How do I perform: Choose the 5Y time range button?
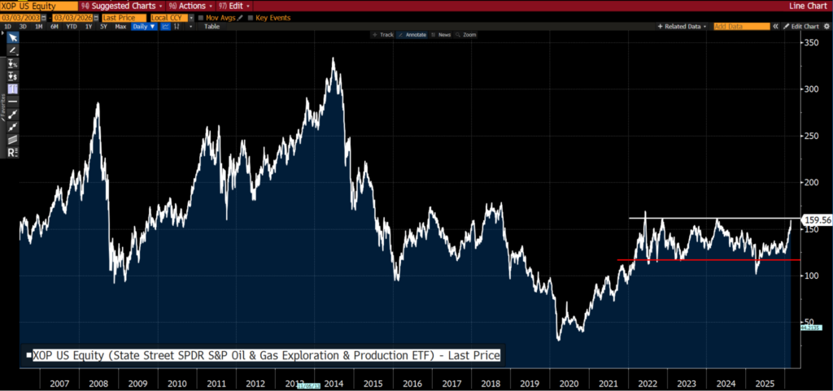(103, 26)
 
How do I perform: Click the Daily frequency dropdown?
(144, 26)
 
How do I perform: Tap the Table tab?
(212, 26)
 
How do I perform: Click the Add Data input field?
(741, 26)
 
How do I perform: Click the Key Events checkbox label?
(273, 16)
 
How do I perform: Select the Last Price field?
(120, 16)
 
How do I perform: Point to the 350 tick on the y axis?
(809, 41)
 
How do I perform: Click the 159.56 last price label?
(816, 219)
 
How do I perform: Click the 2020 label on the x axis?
(569, 382)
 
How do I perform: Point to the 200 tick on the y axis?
(809, 182)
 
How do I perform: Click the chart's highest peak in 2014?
(334, 59)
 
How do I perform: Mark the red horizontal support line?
(700, 260)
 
